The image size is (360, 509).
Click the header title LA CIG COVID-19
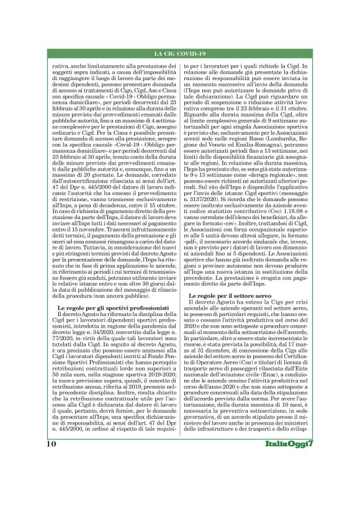click(x=179, y=54)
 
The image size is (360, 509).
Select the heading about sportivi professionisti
click(x=112, y=307)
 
